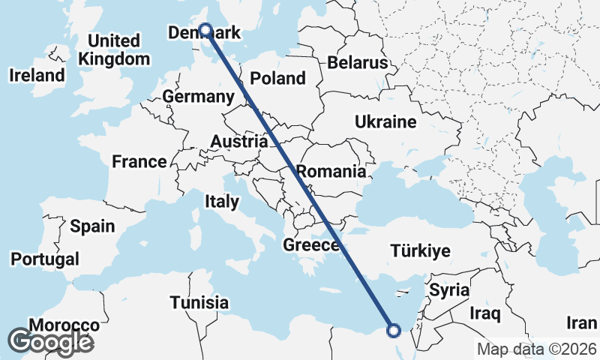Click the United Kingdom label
113,49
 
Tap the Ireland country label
37,75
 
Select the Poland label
277,78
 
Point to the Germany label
198,97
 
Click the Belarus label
362,62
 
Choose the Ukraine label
385,121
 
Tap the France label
139,161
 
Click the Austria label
238,142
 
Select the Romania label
331,171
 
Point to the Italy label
222,201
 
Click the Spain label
92,226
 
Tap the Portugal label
44,259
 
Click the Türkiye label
419,251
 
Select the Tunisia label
199,303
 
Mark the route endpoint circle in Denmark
205,31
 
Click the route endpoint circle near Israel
393,329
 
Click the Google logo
50,342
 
